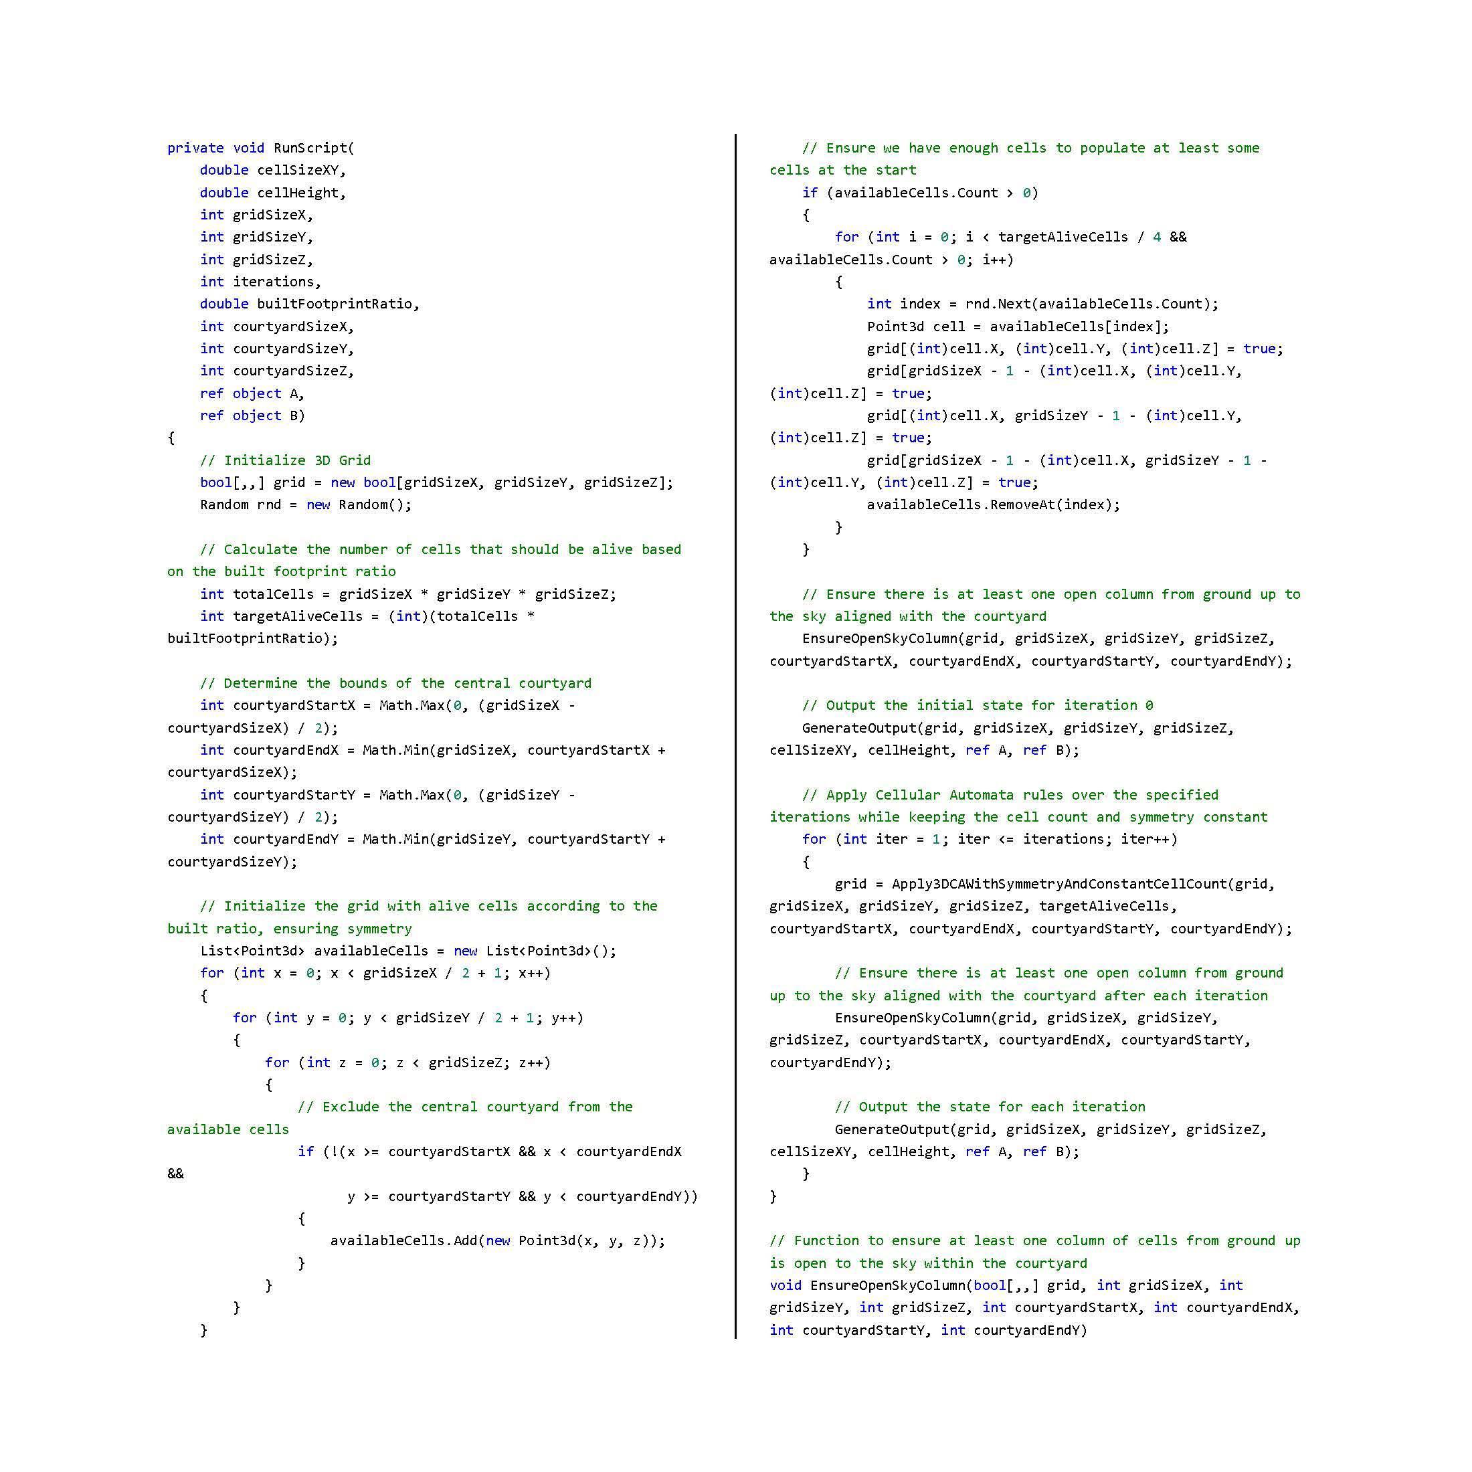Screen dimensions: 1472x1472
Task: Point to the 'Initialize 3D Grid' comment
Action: pyautogui.click(x=285, y=460)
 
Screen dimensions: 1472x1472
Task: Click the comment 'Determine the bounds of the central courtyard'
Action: pyautogui.click(x=395, y=683)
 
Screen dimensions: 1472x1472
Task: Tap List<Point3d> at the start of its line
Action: pyautogui.click(x=253, y=951)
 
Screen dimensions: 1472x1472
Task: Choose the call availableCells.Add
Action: pyautogui.click(x=402, y=1241)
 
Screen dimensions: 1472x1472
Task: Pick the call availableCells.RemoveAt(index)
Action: pyautogui.click(x=993, y=504)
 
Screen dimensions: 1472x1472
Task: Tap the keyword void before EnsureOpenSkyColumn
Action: pyautogui.click(x=785, y=1285)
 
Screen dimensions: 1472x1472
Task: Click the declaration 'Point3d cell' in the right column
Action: pyautogui.click(x=905, y=326)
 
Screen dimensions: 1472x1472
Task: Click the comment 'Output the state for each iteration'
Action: pyautogui.click(x=990, y=1107)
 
